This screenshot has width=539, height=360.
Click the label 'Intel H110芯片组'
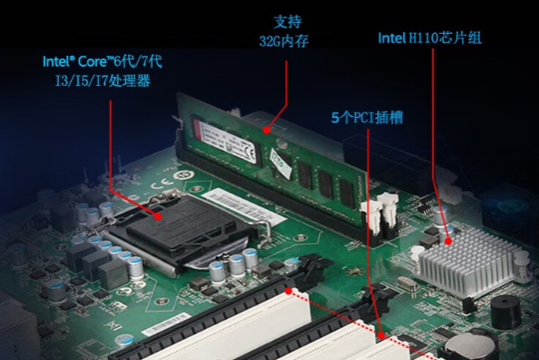point(429,38)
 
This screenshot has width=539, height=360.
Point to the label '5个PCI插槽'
point(366,118)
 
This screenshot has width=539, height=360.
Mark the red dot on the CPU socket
point(159,217)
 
